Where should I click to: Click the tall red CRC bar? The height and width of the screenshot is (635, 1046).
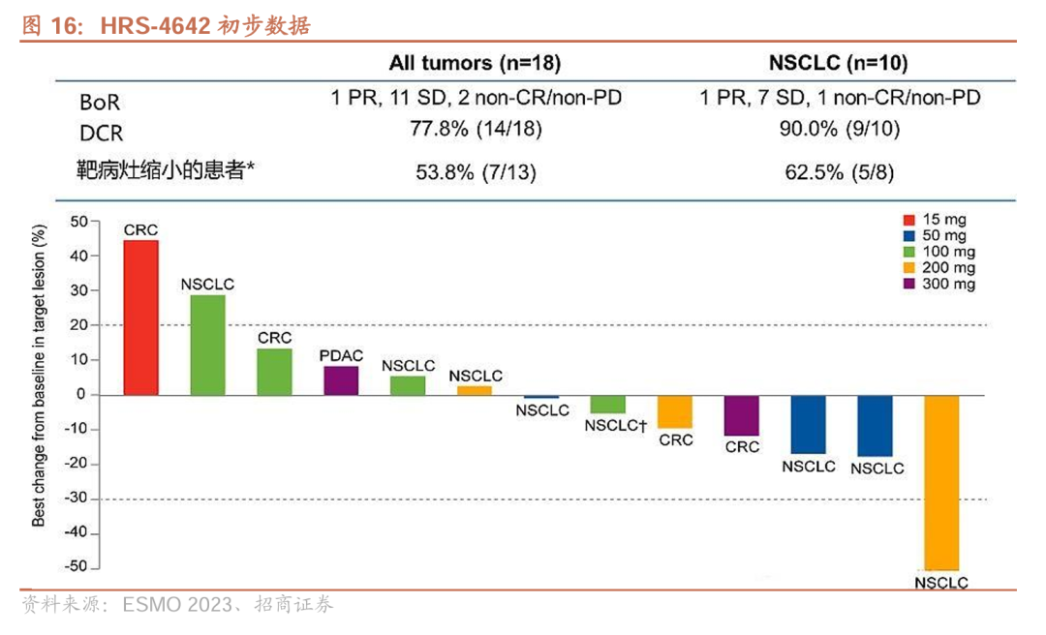[140, 317]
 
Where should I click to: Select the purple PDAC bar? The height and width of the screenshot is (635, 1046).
[341, 380]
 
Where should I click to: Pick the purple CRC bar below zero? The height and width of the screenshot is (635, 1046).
[742, 415]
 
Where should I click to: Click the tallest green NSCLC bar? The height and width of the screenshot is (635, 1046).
[207, 345]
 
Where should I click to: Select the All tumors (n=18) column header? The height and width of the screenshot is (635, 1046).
[475, 64]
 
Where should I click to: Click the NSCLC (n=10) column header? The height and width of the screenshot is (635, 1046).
[839, 64]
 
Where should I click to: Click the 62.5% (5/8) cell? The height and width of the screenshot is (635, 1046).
[839, 171]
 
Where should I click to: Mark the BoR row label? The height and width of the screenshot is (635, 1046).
[100, 101]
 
